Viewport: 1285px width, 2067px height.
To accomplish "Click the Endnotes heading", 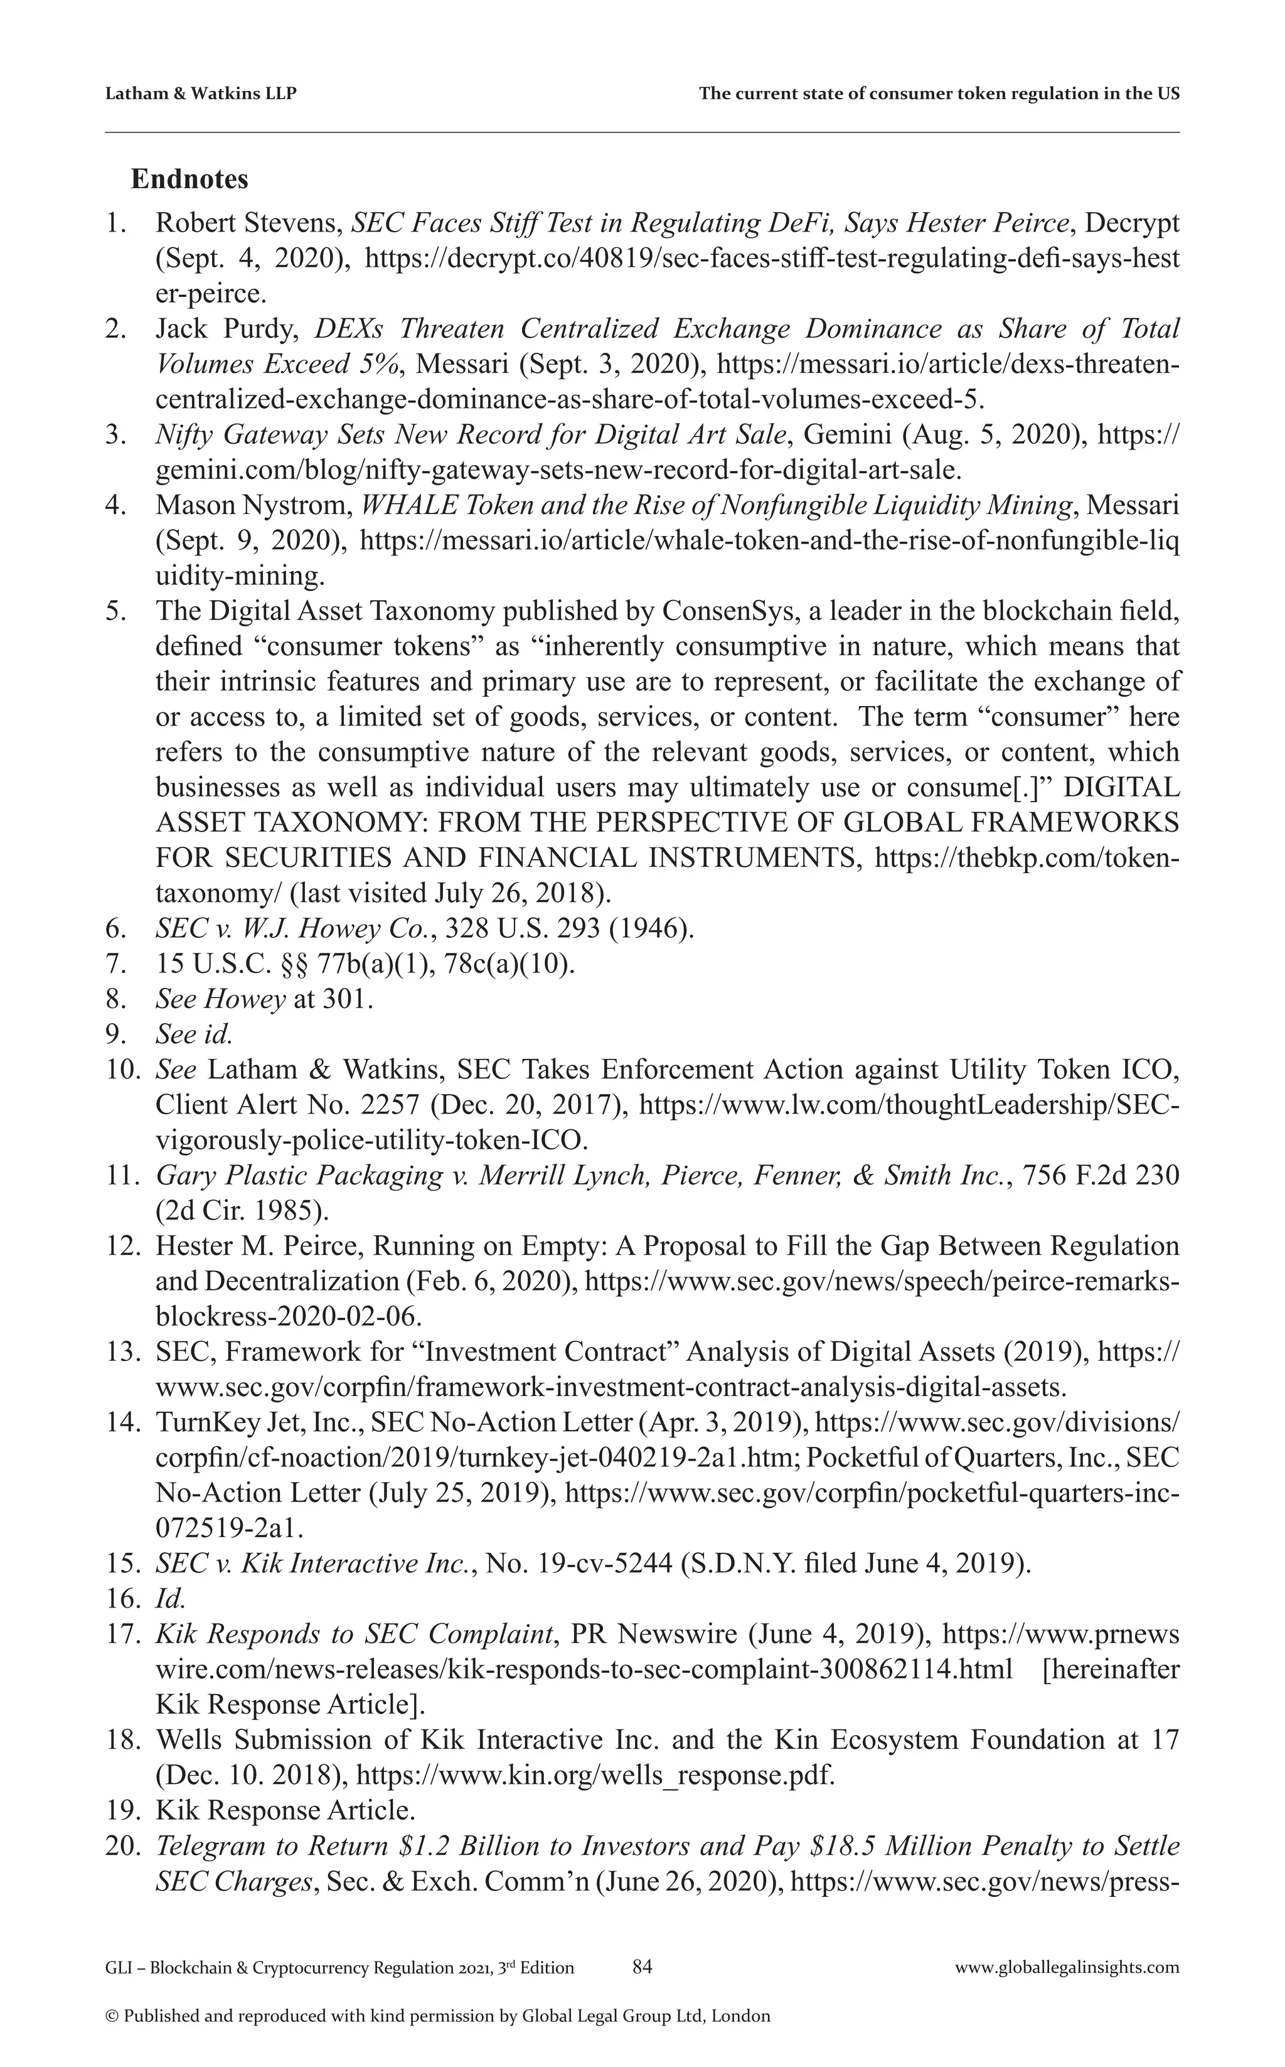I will [189, 180].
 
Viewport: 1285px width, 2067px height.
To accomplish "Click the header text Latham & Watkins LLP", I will [201, 94].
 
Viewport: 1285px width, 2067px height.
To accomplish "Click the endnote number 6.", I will [115, 928].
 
